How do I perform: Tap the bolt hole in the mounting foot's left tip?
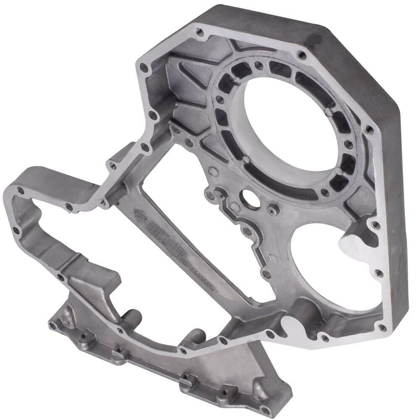coord(53,325)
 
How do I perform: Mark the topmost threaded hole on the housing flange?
coord(199,31)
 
